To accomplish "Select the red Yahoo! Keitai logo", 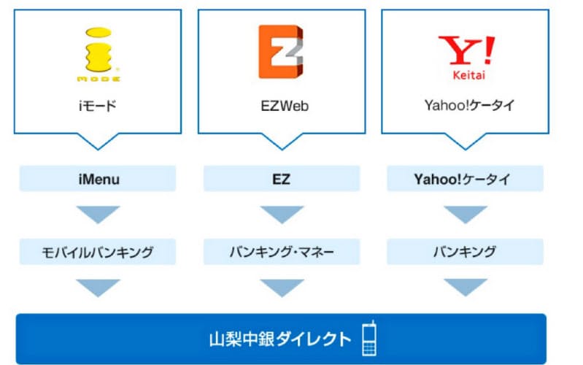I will [465, 54].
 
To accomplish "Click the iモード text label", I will [98, 106].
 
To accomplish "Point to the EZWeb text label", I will [282, 106].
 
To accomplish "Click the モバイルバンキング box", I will [98, 253].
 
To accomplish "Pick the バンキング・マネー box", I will [281, 253].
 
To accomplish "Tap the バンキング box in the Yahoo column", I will [464, 253].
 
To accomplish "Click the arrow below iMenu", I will [98, 214].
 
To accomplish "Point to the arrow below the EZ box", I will [281, 214].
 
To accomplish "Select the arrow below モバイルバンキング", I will [98, 287].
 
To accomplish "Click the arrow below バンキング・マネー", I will [281, 287].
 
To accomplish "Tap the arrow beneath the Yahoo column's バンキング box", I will [464, 287].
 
